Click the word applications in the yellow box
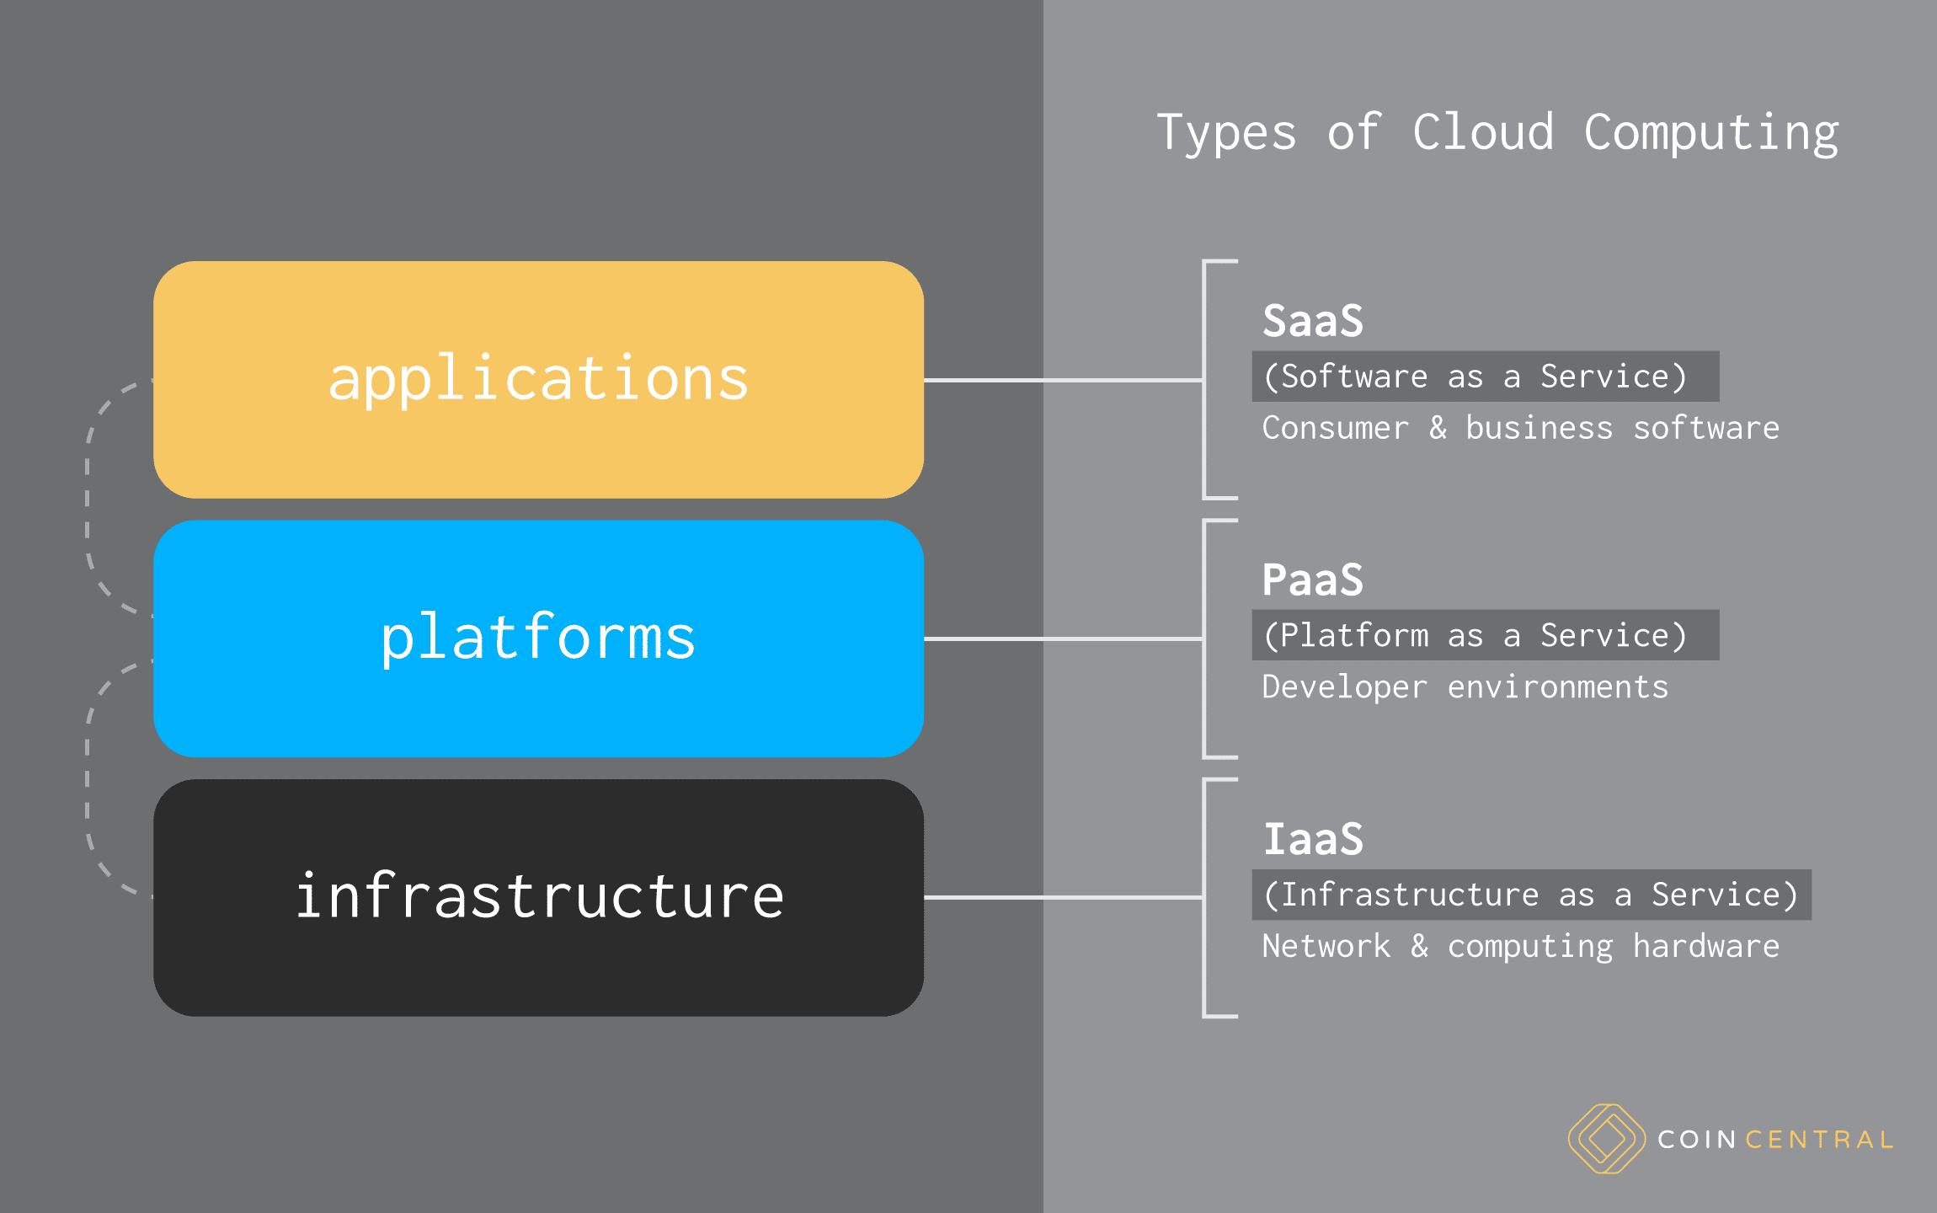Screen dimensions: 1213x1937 (x=538, y=379)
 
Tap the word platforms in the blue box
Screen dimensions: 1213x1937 (x=538, y=638)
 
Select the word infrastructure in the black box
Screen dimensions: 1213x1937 (x=539, y=896)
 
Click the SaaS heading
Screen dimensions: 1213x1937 (x=1312, y=321)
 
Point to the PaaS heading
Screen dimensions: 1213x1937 (x=1312, y=580)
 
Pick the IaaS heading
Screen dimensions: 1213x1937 (x=1312, y=839)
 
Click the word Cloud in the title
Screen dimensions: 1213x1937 (x=1482, y=132)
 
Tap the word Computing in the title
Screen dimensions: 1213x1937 (x=1710, y=134)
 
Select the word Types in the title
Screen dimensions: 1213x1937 (x=1226, y=134)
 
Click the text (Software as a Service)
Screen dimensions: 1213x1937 (x=1475, y=377)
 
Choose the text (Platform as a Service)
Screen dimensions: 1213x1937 (x=1475, y=635)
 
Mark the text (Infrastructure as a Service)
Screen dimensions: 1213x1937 (x=1530, y=895)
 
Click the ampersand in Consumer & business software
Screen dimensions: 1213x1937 (x=1438, y=428)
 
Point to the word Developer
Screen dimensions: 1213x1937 (x=1344, y=687)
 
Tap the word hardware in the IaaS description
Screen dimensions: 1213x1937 (x=1705, y=946)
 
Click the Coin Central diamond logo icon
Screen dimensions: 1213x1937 (x=1606, y=1139)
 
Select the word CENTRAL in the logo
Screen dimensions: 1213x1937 (x=1818, y=1140)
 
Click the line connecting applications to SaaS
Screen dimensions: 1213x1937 (x=1061, y=380)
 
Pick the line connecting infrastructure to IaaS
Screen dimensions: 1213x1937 (x=1061, y=897)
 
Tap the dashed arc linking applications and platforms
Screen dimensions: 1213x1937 (x=88, y=497)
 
